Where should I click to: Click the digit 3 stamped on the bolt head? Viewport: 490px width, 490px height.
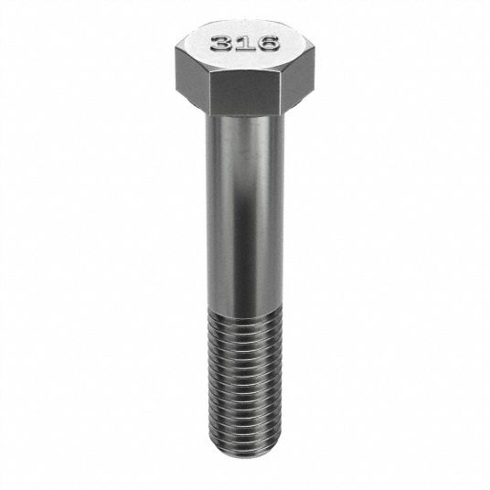tap(221, 44)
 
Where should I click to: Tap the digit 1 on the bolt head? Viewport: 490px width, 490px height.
tap(245, 43)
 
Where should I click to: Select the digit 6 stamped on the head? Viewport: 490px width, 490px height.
tap(268, 43)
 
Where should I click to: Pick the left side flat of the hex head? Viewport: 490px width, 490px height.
tap(192, 75)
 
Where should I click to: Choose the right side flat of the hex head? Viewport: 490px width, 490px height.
tap(296, 75)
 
